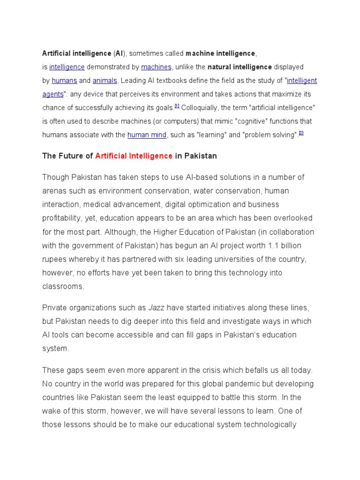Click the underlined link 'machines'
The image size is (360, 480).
tap(157, 67)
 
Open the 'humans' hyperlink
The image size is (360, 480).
tap(64, 81)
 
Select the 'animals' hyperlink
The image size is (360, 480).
tap(105, 81)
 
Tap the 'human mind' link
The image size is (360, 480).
tap(147, 135)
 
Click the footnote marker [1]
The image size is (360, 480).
tap(177, 106)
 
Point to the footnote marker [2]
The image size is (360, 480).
tap(301, 134)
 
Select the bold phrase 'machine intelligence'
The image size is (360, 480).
tap(220, 53)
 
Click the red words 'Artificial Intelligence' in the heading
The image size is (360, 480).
tap(134, 156)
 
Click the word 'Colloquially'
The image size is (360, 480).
tap(200, 108)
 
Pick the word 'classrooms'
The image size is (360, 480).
tap(63, 286)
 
